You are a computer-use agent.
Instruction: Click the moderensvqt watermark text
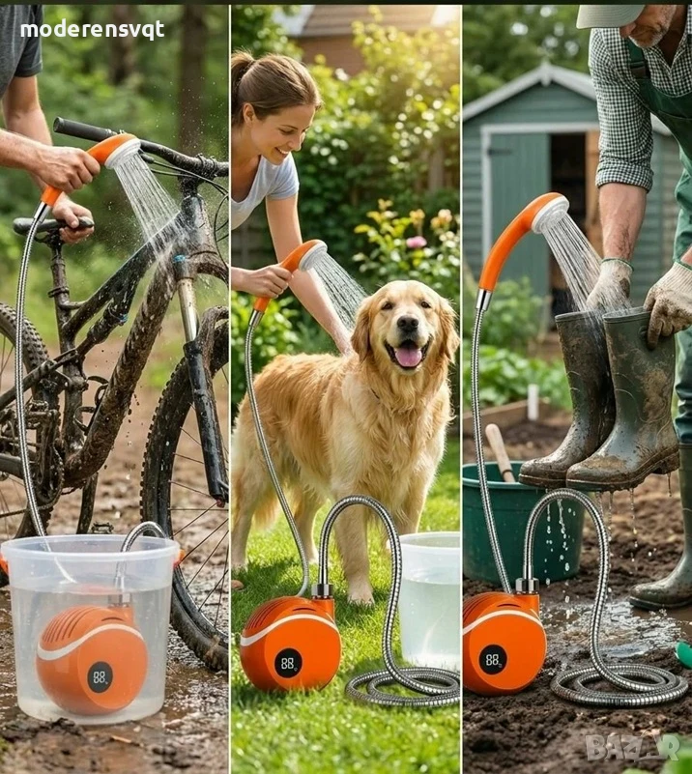(93, 30)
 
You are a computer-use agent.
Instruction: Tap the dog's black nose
(408, 324)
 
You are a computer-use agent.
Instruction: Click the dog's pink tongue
(409, 357)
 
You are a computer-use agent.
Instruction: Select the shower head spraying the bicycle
(124, 150)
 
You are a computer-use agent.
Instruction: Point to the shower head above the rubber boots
(550, 214)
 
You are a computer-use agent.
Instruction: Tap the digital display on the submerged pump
(100, 676)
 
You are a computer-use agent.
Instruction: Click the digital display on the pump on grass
(288, 663)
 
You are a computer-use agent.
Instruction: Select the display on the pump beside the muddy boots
(493, 659)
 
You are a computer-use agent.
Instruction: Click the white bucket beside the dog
(429, 600)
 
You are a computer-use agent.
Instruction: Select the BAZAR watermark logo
(633, 747)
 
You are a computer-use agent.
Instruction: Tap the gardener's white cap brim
(611, 15)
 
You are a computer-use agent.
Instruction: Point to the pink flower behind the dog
(417, 242)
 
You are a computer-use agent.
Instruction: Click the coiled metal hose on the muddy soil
(617, 684)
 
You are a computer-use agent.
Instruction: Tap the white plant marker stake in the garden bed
(533, 401)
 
